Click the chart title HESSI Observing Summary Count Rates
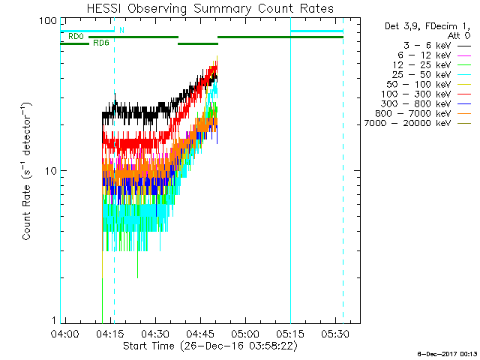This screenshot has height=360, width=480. (211, 8)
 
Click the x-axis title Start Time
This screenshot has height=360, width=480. (210, 346)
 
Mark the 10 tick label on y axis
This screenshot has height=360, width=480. (51, 171)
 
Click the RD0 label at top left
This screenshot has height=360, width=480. (76, 36)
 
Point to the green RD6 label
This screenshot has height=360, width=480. (100, 43)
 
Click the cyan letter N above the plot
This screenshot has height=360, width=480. (121, 30)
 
